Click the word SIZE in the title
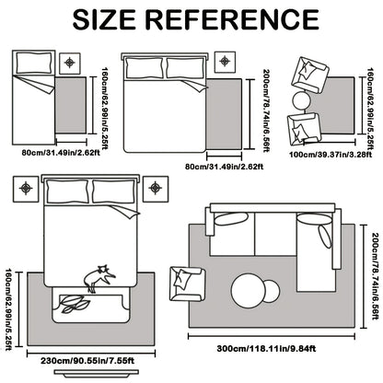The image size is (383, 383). point(104,19)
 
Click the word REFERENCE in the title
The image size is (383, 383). point(232,19)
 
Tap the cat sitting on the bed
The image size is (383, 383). point(99,278)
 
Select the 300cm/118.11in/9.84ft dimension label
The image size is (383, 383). point(266,349)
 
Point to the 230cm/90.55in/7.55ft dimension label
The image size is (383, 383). point(87,361)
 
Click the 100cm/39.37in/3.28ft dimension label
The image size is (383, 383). point(331,154)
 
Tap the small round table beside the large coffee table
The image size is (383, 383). point(272,290)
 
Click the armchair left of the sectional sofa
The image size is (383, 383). point(188,284)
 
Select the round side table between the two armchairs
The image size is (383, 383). point(302,101)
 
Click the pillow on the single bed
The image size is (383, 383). point(34,63)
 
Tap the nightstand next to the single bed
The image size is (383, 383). point(70,64)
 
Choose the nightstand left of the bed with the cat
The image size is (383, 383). point(26,189)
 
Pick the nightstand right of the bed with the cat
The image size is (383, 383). point(156,189)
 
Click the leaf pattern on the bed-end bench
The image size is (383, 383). point(75,303)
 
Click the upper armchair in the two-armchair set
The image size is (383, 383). point(309,75)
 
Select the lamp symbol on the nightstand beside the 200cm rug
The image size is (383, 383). point(225,61)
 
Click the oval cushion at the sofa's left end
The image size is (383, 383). point(231,218)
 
